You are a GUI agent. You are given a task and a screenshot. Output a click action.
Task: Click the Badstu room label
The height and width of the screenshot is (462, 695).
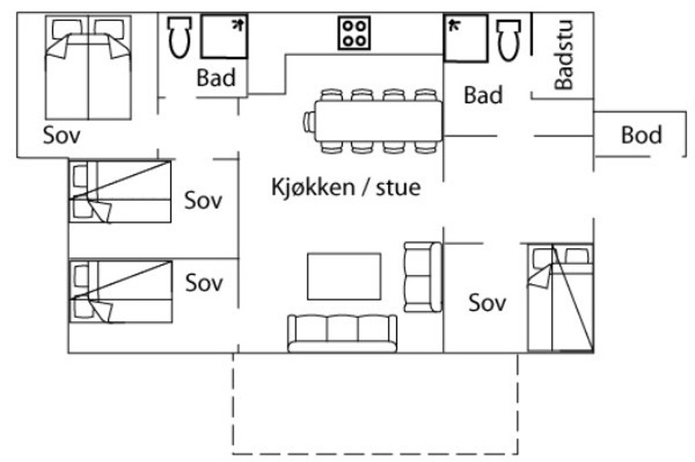(563, 55)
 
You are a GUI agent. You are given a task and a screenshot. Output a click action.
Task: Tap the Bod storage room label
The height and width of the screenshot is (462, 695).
(642, 135)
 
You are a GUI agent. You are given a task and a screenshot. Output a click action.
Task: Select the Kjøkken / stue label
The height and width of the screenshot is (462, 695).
(345, 187)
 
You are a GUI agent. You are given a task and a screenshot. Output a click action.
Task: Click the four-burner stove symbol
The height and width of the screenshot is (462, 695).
(354, 32)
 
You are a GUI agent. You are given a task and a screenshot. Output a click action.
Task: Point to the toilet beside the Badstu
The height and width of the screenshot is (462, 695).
(509, 39)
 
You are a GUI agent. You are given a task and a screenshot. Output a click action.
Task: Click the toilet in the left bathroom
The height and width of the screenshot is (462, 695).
(180, 37)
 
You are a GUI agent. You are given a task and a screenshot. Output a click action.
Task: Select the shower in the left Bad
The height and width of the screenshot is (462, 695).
(224, 37)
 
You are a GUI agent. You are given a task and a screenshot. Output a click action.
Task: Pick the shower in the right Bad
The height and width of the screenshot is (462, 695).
(466, 38)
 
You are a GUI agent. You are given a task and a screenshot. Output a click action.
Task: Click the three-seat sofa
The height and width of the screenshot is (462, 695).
(342, 334)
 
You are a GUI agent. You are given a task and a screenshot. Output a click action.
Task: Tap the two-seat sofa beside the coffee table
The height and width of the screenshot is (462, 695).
(423, 276)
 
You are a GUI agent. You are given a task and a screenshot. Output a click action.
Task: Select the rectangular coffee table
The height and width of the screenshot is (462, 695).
(345, 276)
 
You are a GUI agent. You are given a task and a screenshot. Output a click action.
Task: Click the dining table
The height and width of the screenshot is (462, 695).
(379, 121)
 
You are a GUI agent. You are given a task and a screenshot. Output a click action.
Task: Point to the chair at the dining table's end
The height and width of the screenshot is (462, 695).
(309, 122)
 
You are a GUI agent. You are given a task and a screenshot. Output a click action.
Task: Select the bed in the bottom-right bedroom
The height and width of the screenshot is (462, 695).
(560, 298)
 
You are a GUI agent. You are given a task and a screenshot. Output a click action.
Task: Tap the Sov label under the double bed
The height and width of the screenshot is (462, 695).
(62, 135)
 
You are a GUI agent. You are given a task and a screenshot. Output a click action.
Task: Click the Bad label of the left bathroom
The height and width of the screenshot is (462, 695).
(216, 77)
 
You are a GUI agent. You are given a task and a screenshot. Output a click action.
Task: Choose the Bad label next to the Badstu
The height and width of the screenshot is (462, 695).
(483, 95)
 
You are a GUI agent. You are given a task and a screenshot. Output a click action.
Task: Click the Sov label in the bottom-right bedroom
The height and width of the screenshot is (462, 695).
(487, 303)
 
